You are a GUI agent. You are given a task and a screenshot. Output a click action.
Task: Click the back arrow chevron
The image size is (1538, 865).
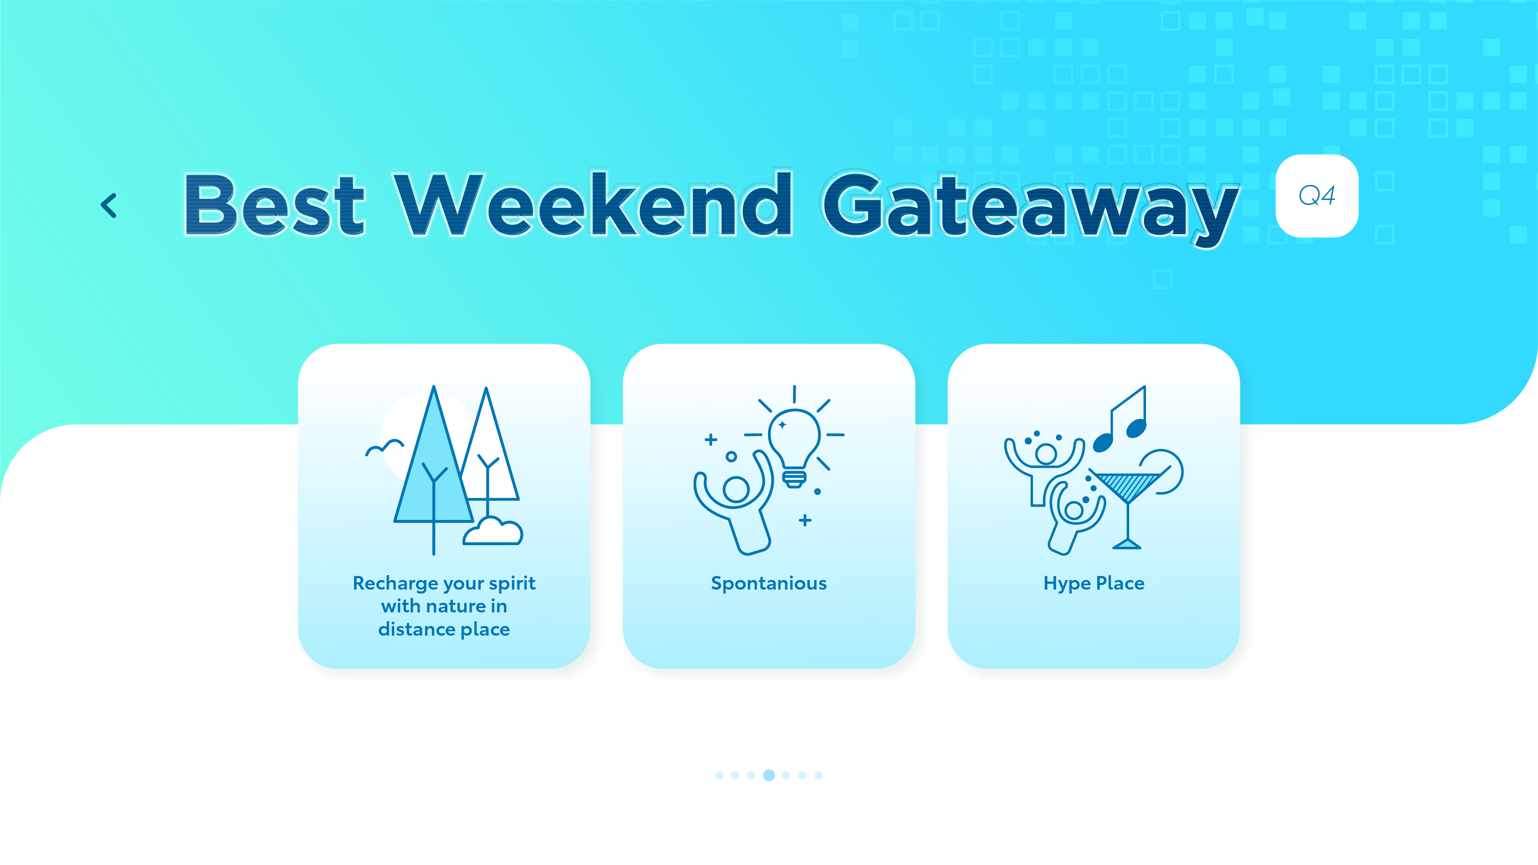[x=108, y=205]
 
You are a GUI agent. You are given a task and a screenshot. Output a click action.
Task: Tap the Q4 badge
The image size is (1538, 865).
[x=1317, y=196]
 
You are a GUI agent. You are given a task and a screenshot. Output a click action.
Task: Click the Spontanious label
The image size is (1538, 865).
[x=768, y=583]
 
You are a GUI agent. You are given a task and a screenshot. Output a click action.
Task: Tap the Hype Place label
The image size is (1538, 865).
[x=1094, y=583]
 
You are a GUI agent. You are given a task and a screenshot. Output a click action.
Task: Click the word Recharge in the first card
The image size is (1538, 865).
[x=396, y=583]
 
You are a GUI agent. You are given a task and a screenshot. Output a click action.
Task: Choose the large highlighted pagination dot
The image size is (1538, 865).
[x=769, y=775]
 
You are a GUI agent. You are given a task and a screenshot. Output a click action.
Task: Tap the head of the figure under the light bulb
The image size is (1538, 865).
[x=736, y=490]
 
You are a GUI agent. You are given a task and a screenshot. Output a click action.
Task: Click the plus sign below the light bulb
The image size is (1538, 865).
[x=805, y=520]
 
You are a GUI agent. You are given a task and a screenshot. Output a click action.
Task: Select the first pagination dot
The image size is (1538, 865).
[x=720, y=775]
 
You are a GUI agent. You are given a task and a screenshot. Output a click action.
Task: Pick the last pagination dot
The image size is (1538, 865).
[x=818, y=775]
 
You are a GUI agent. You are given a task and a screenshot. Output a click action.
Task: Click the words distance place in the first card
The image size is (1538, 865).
[x=444, y=629]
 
